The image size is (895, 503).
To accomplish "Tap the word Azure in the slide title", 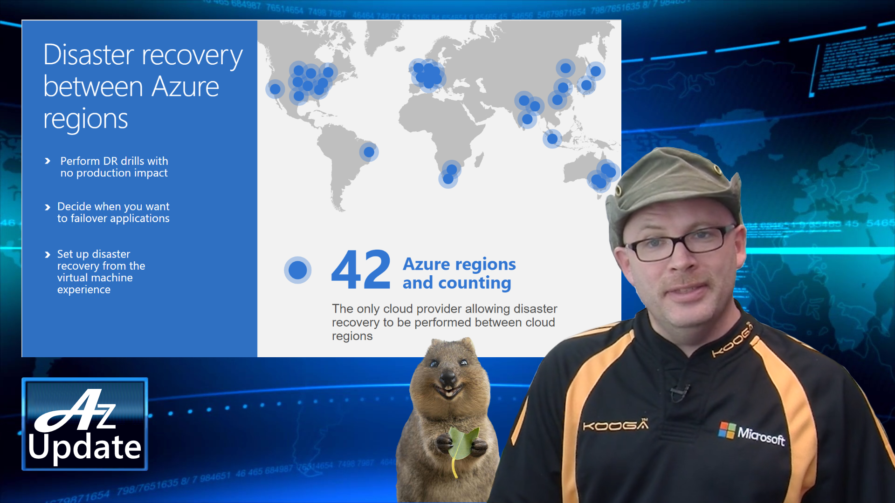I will pos(185,87).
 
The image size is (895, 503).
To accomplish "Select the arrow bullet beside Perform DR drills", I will pos(48,161).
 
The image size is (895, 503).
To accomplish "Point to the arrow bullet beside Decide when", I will pos(48,207).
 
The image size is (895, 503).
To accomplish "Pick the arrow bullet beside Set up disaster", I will pos(48,254).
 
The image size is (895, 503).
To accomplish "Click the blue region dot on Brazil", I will pos(369,152).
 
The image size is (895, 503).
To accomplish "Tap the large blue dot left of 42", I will pos(297,270).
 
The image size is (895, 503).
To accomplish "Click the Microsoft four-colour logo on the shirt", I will pos(726,430).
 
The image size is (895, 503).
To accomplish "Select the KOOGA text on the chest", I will pos(615,425).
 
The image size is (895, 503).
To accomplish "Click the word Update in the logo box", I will pos(84,447).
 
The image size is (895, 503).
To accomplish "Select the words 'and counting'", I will pos(457,283).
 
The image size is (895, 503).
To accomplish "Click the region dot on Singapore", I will pos(552,138).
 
